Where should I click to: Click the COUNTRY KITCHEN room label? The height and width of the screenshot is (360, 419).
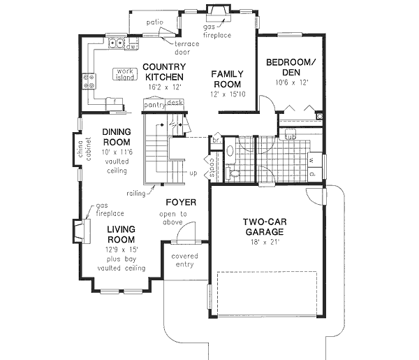click(163, 72)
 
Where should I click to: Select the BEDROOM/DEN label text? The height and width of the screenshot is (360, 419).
click(290, 67)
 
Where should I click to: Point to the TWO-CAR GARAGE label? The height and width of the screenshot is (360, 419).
click(263, 227)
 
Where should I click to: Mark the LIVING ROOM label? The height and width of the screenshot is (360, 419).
click(121, 234)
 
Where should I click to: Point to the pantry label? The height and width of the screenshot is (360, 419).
click(154, 104)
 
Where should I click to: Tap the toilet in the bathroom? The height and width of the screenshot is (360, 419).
click(233, 172)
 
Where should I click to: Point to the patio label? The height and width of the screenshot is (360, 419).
click(154, 22)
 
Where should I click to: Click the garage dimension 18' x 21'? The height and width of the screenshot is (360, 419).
click(263, 242)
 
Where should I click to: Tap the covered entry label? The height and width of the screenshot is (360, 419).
click(185, 261)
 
